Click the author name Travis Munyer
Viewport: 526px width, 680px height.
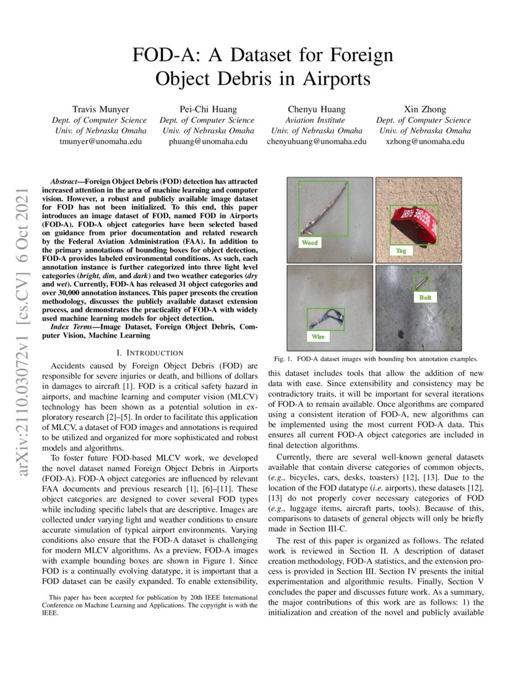coord(100,109)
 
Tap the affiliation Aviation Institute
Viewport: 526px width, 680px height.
coord(316,120)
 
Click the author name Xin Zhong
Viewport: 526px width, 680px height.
coord(424,109)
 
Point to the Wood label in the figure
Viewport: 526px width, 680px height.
coord(309,243)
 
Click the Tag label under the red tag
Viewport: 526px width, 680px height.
coord(401,251)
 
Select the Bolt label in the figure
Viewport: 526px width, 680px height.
coord(425,297)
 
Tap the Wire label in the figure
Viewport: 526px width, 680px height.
coord(317,337)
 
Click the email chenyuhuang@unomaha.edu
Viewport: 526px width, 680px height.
coord(316,141)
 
